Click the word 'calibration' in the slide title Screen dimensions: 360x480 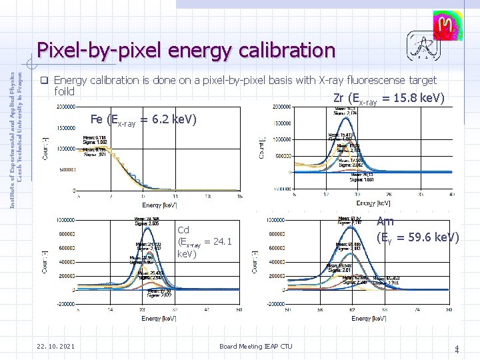point(285,50)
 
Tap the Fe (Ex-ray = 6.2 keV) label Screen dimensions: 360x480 point(143,120)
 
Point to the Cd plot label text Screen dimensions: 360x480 point(204,242)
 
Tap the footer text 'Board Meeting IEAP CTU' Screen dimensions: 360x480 point(255,347)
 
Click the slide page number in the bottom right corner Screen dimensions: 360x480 point(457,348)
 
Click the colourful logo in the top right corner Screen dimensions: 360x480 point(445,27)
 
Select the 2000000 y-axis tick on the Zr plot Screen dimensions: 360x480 point(281,107)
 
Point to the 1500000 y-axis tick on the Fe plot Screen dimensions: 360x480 point(65,128)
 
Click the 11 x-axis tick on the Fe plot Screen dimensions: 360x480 point(175,197)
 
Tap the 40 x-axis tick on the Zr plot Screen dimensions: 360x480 point(452,195)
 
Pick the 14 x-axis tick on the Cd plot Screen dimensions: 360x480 point(111,310)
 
